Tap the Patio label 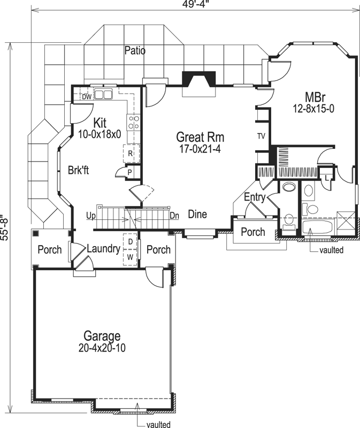coord(135,51)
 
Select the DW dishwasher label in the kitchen coord(86,97)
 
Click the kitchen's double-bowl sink coord(103,95)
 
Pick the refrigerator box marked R coord(131,152)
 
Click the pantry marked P coord(130,171)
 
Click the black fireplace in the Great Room coord(198,79)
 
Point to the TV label coord(261,136)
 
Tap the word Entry coord(255,197)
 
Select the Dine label coord(197,215)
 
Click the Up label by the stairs coord(91,215)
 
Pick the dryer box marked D coord(130,242)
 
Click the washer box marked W coord(130,257)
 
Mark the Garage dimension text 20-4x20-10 coord(102,347)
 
